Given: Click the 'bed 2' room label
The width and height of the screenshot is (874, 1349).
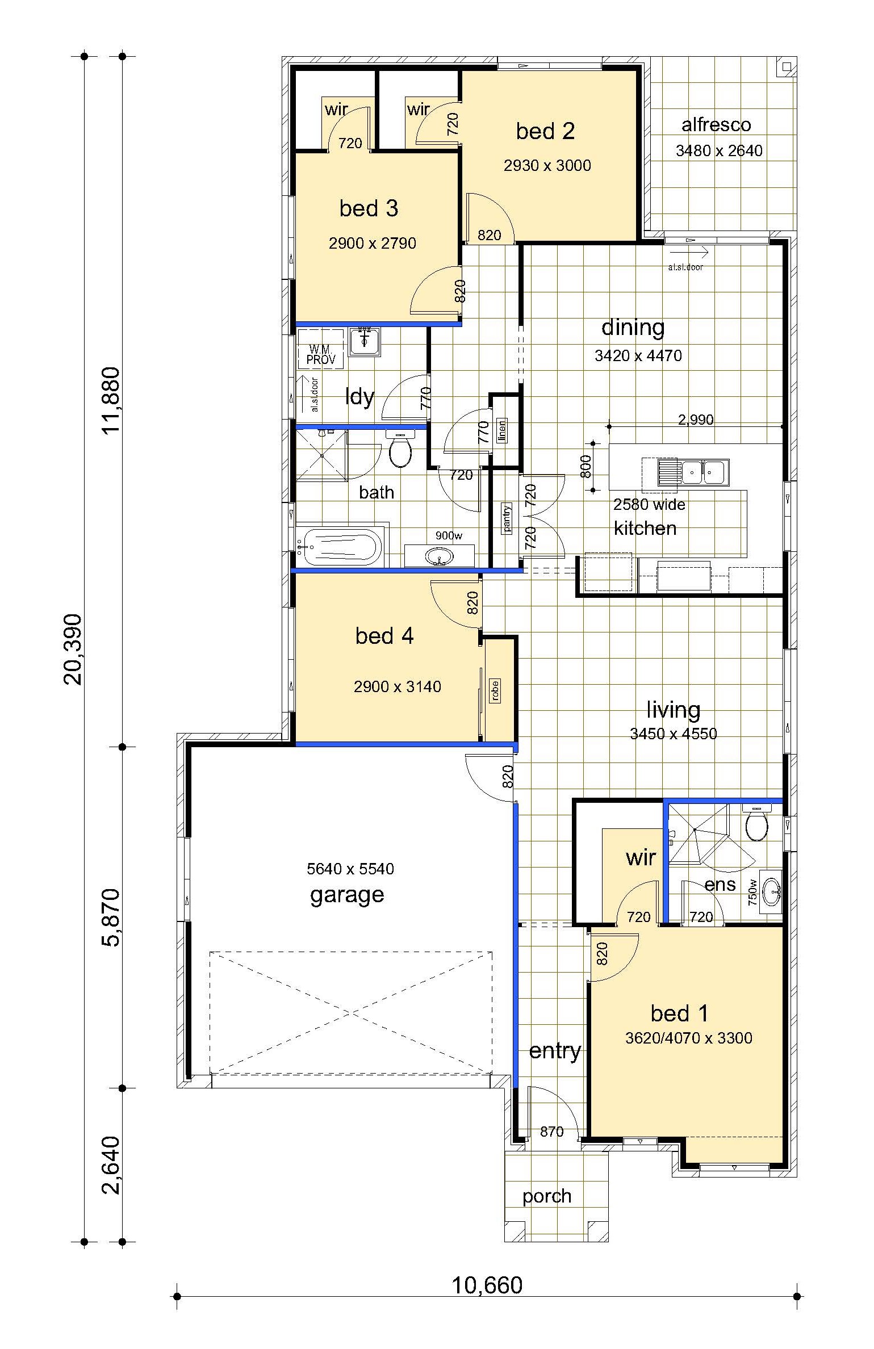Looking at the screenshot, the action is point(545,131).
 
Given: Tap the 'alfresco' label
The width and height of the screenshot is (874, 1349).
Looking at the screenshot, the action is point(716,124).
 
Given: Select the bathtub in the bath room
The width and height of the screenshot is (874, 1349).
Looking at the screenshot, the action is point(341,547).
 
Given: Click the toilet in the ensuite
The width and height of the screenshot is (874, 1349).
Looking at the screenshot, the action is point(756,822).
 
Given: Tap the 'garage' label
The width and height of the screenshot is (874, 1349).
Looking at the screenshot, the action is point(347,895).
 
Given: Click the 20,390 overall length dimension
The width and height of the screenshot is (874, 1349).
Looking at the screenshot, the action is point(73,650).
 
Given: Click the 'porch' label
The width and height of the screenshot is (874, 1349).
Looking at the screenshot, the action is point(547,1196).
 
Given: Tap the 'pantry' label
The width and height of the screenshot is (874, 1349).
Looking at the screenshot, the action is point(507,518).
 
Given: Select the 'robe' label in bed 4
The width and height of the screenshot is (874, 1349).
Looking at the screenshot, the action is point(495,691).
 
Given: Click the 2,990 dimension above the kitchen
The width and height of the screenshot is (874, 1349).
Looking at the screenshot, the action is point(696,420).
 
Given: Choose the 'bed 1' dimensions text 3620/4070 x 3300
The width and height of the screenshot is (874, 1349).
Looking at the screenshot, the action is point(688,1038).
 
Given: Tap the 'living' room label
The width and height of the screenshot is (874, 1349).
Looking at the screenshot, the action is point(674,710).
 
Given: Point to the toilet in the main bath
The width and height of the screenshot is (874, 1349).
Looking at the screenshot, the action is point(401,449).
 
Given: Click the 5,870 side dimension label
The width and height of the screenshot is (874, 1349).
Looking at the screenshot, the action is point(111,918).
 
